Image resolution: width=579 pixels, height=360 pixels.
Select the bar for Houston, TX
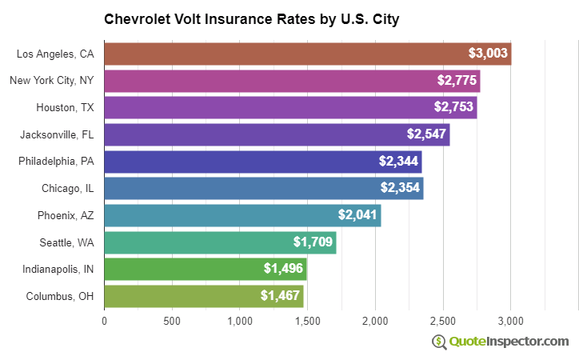(x=290, y=107)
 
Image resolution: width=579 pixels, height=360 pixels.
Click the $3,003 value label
(x=487, y=54)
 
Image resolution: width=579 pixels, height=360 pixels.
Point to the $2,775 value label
(x=456, y=81)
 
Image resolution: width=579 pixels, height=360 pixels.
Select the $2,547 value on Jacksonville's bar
(x=425, y=134)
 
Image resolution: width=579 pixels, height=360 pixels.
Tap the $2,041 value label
(x=357, y=215)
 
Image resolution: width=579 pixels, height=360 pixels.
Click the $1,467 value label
(x=279, y=296)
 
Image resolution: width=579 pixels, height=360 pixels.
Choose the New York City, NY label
(x=51, y=81)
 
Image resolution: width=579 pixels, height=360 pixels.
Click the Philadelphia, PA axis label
(x=56, y=162)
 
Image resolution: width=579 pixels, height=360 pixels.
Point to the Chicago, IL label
(x=67, y=189)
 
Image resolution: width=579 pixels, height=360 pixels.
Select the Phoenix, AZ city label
(x=66, y=215)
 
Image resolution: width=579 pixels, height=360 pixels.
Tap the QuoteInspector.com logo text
(x=509, y=342)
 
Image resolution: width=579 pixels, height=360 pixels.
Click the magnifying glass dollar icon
(x=439, y=342)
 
